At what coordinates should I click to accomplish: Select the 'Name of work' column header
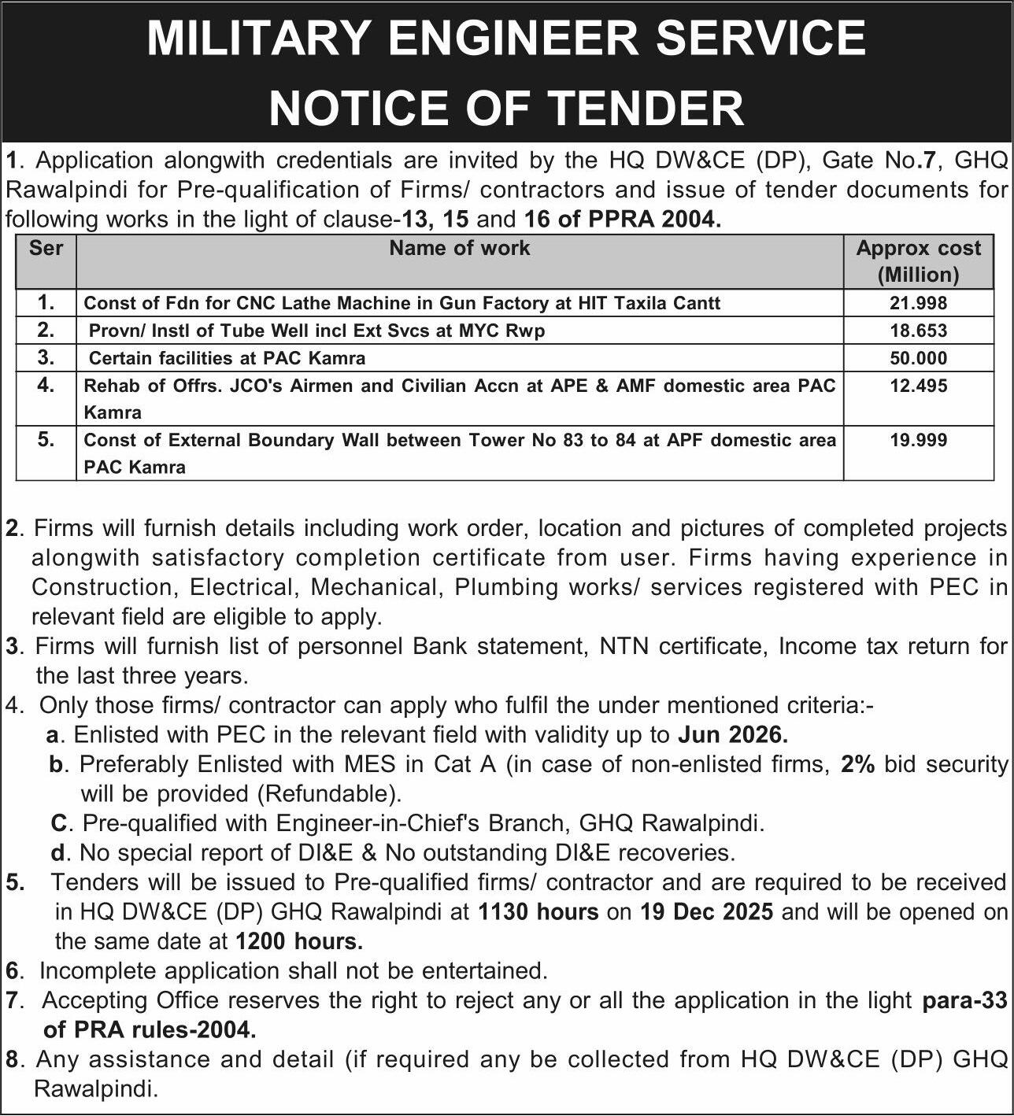click(460, 248)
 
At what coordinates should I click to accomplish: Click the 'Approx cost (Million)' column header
click(918, 261)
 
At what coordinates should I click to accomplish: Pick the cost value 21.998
click(918, 303)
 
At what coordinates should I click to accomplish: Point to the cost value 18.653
click(918, 331)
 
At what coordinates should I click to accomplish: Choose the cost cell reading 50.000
click(918, 358)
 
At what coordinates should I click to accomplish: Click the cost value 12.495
click(918, 386)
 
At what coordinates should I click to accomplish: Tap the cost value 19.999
click(918, 440)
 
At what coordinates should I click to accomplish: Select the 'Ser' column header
click(46, 248)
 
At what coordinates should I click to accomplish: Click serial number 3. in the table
click(46, 357)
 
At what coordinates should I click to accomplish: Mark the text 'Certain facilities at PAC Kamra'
click(227, 358)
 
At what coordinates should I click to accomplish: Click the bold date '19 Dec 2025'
click(706, 911)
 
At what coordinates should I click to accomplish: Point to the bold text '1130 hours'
click(538, 911)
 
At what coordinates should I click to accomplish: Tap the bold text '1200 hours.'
click(299, 940)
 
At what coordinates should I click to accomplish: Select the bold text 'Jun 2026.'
click(732, 734)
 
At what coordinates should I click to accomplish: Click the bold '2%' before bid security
click(857, 763)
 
